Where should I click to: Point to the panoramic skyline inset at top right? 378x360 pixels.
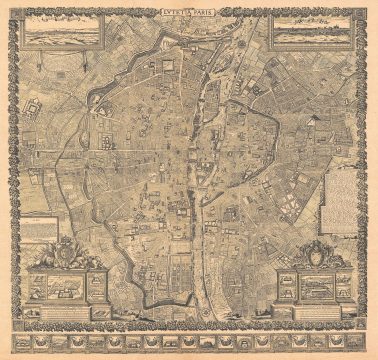pyautogui.click(x=309, y=34)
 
